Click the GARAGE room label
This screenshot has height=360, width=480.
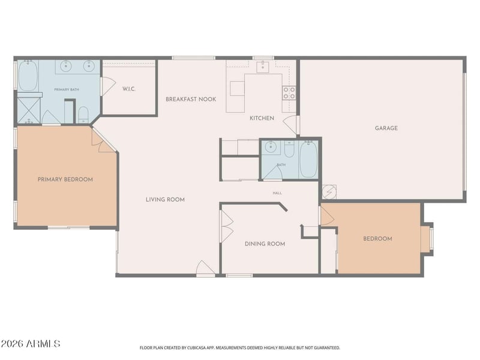[386, 128]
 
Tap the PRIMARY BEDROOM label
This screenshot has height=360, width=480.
[65, 179]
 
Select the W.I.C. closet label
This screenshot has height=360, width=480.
[129, 89]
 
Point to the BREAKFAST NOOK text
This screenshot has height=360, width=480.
[191, 99]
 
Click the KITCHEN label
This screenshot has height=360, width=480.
[262, 118]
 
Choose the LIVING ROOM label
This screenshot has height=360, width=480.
[165, 200]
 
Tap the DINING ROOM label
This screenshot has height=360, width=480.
[265, 244]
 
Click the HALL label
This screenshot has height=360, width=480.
[277, 193]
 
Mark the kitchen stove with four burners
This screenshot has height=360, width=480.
[289, 93]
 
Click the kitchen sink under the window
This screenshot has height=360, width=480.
[263, 67]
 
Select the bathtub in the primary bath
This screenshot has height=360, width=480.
[28, 76]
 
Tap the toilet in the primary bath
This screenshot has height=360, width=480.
[83, 115]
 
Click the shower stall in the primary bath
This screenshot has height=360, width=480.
[29, 110]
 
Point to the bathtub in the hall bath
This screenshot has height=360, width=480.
[308, 159]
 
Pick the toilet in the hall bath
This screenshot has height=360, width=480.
[289, 148]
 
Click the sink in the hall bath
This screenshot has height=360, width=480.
[271, 148]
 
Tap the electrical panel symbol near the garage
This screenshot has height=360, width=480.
[329, 192]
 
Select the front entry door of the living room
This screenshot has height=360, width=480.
[205, 268]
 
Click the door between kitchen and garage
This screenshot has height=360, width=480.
[291, 125]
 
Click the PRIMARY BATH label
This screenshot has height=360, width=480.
[67, 89]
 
